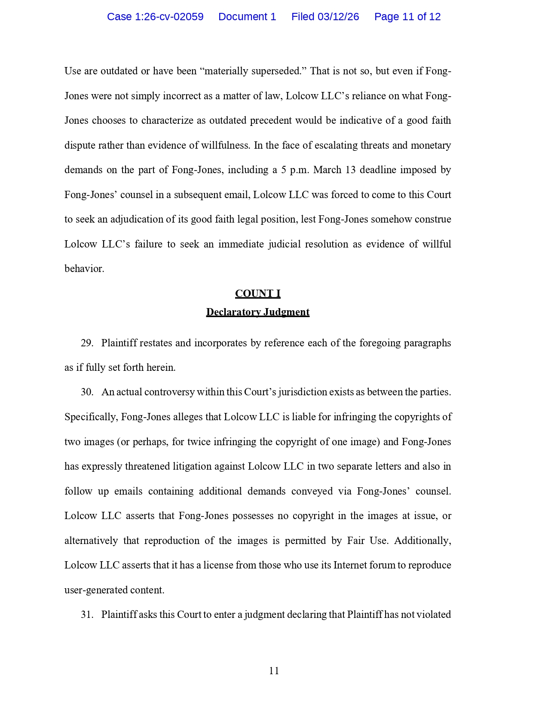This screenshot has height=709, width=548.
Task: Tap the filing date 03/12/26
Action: (x=338, y=17)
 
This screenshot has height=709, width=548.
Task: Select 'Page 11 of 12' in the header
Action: (x=407, y=17)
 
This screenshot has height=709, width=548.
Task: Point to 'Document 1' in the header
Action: (x=247, y=17)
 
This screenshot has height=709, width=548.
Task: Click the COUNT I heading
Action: (x=258, y=293)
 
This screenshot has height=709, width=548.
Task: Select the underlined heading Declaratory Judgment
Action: (x=258, y=312)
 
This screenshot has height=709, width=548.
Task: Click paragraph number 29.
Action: (x=87, y=343)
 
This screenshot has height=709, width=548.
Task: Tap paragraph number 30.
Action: (x=87, y=392)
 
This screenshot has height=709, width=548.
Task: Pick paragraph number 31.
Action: (x=87, y=615)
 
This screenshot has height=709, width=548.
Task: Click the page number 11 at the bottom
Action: (x=274, y=671)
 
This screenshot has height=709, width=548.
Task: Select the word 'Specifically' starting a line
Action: (x=91, y=417)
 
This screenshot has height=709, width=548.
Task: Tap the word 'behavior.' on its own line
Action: (x=84, y=269)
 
